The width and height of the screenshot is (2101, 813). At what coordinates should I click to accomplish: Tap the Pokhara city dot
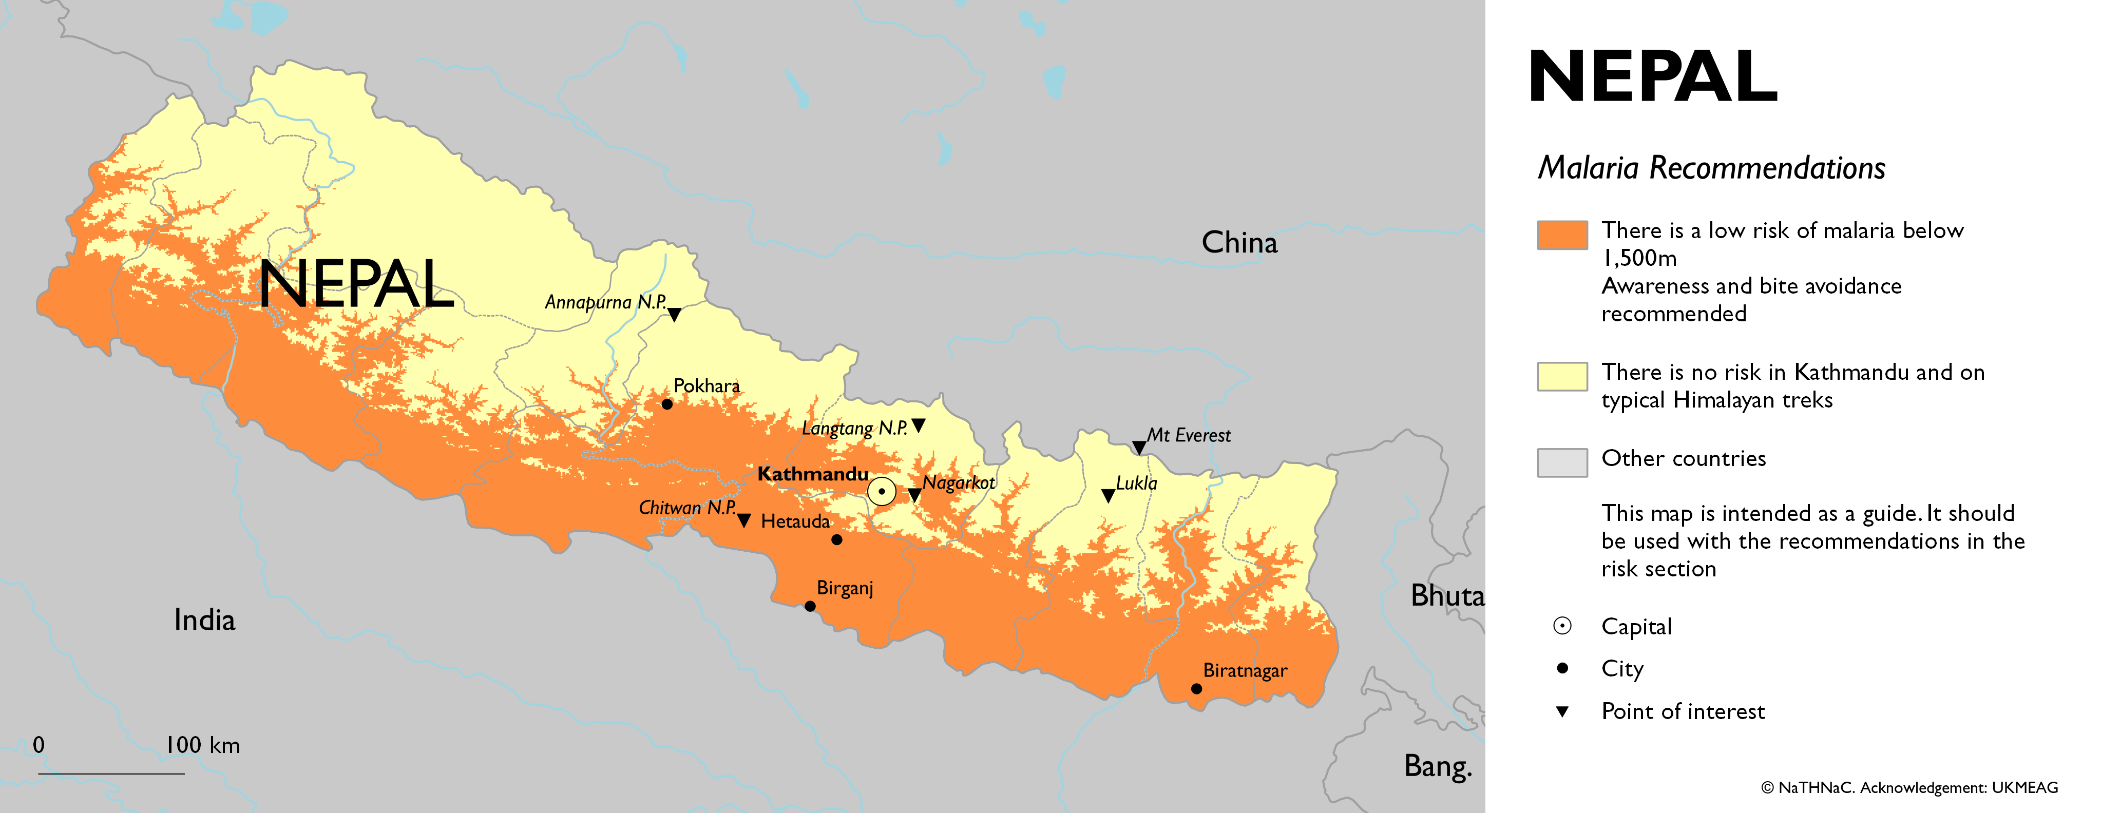666,403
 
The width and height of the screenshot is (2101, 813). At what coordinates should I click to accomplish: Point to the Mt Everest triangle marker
1139,447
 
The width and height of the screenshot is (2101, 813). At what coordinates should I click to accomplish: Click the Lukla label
1136,483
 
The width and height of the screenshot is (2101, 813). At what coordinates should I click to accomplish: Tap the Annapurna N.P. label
605,302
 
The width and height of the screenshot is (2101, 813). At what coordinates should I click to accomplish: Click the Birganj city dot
809,606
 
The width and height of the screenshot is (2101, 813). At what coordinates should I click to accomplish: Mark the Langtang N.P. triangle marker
919,425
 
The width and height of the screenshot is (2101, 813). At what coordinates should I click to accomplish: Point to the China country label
1239,242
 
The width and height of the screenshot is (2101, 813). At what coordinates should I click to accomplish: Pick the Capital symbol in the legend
1562,626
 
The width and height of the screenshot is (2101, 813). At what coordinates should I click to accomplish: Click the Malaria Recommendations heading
1711,168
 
